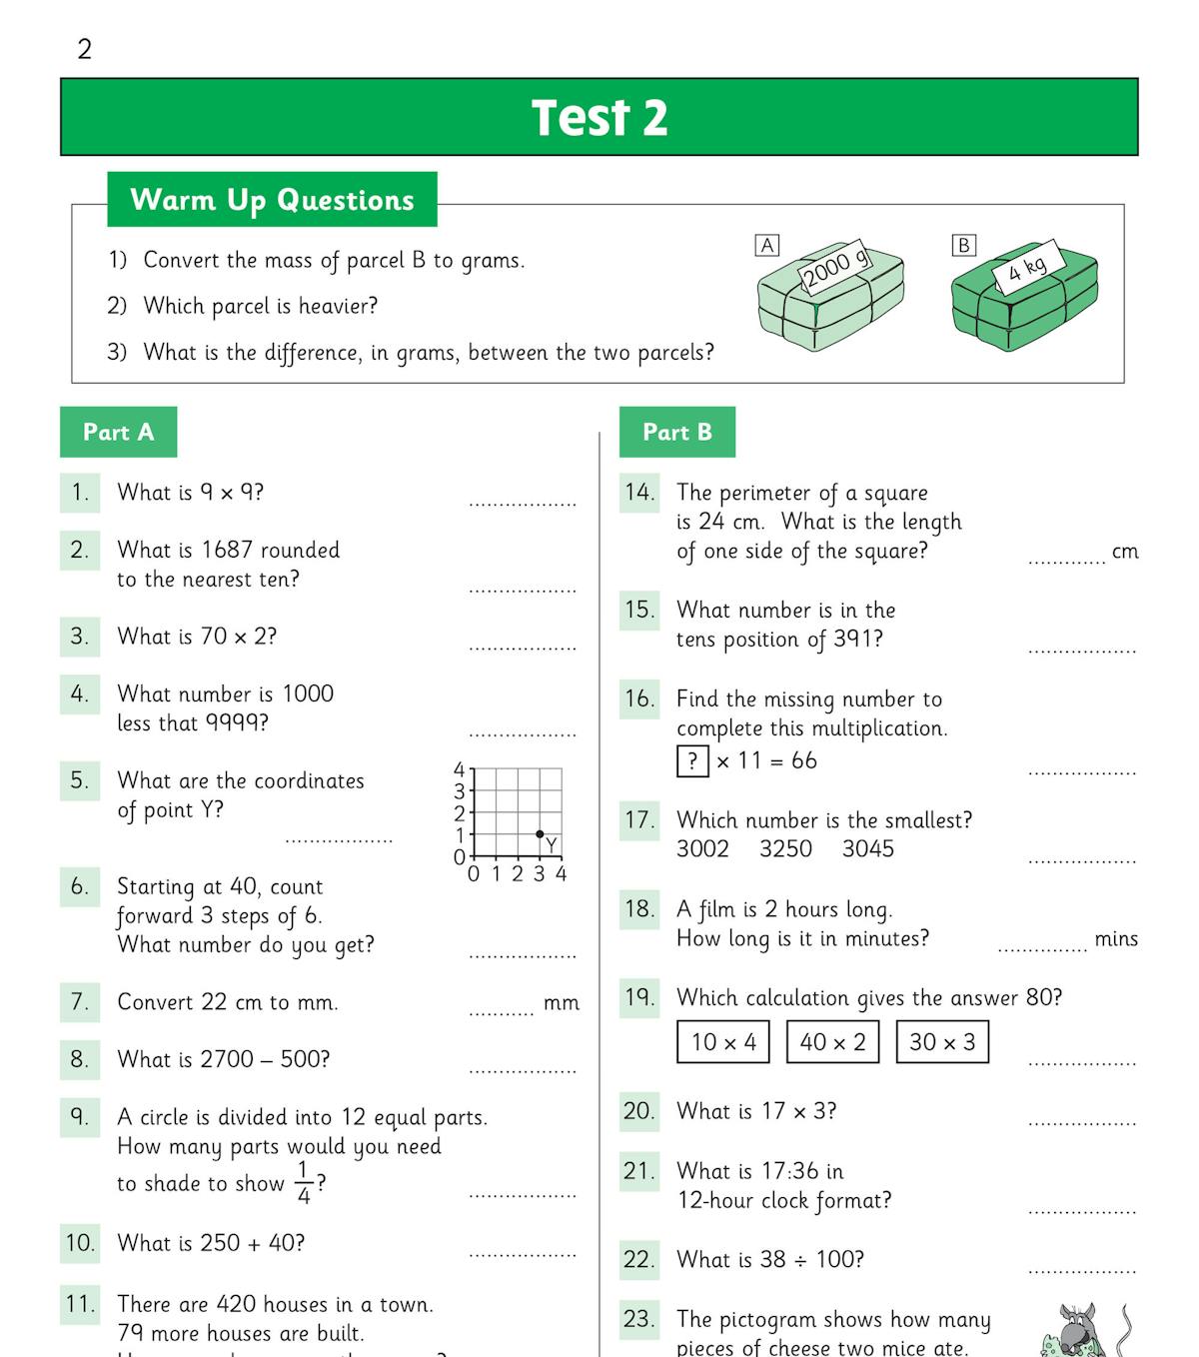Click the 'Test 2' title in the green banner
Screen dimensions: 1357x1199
pos(599,118)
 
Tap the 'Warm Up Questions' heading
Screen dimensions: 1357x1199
pos(272,200)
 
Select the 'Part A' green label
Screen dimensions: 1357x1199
pos(118,432)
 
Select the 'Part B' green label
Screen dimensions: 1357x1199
pos(676,432)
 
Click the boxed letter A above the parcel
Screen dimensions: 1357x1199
pos(766,245)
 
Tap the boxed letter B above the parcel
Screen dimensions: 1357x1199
pos(963,245)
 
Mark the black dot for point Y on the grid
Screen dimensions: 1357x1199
pos(540,833)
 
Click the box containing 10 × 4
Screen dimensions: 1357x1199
pos(723,1042)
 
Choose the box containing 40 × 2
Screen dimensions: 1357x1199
pos(832,1042)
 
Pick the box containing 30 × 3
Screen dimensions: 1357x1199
pos(942,1042)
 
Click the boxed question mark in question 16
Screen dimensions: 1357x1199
pos(692,761)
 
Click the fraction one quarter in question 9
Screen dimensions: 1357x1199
pos(304,1182)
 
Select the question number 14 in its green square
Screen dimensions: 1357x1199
pos(639,492)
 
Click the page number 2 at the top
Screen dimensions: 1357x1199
pos(85,49)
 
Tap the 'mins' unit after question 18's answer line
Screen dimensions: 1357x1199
pos(1116,939)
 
